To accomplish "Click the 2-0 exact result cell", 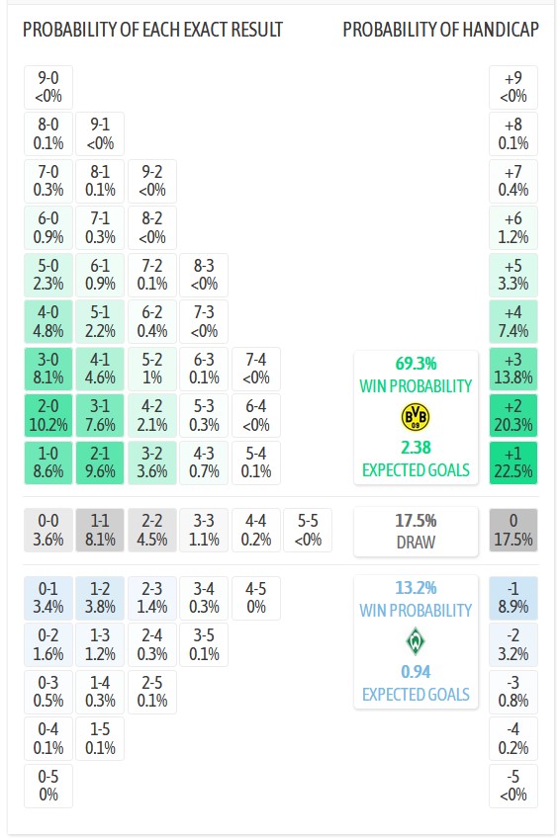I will (47, 415).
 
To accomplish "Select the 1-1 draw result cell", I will (100, 530).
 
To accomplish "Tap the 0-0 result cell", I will (47, 530).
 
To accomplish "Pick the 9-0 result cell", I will (47, 87).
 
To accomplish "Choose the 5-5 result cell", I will (308, 530).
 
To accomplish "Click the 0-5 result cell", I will (47, 786).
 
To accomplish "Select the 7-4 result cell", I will (256, 368).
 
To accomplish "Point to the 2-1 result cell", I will (100, 462).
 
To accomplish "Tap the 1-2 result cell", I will (100, 599).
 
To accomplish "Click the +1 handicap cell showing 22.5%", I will (512, 462).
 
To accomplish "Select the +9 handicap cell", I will (512, 87).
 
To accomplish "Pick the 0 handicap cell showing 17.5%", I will (512, 530).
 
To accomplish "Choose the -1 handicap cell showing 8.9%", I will (512, 599).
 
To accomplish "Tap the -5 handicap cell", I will (512, 786).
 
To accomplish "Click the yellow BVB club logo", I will (416, 417).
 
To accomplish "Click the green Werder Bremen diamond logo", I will (416, 642).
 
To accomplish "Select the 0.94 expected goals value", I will (416, 673).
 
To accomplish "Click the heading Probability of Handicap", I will (440, 30).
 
